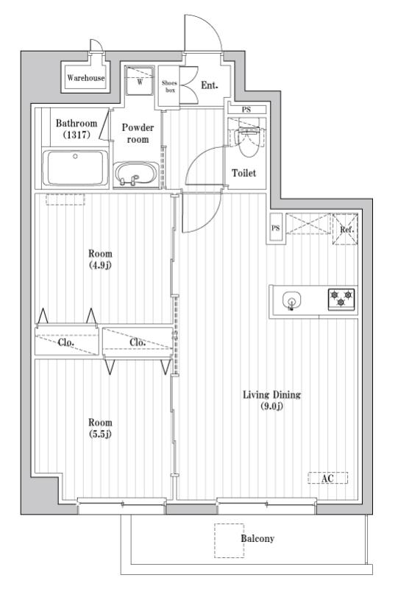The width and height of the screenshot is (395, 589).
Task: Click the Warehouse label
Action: pyautogui.click(x=86, y=78)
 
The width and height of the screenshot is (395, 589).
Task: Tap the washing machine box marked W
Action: pyautogui.click(x=139, y=82)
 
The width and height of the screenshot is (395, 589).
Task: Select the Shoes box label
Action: pyautogui.click(x=169, y=87)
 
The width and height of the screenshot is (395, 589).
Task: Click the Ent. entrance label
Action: pyautogui.click(x=210, y=86)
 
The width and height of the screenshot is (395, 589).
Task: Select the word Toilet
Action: pyautogui.click(x=243, y=174)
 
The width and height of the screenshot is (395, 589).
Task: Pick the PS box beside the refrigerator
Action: pyautogui.click(x=276, y=228)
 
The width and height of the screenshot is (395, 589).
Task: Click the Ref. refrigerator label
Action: pyautogui.click(x=346, y=229)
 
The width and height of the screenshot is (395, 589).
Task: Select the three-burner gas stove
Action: pyautogui.click(x=341, y=299)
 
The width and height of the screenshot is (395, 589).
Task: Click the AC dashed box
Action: pyautogui.click(x=327, y=479)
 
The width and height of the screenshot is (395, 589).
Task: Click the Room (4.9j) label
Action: pyautogui.click(x=100, y=259)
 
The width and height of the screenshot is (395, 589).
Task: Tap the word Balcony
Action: pyautogui.click(x=257, y=539)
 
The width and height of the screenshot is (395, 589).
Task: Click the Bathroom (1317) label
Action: pyautogui.click(x=76, y=129)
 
